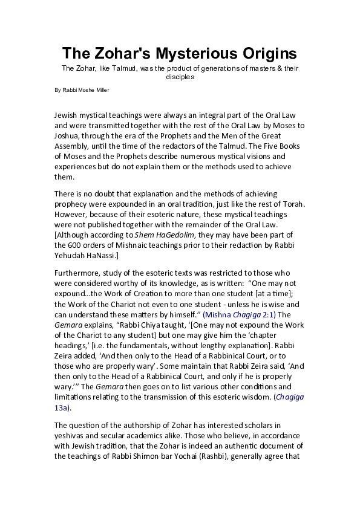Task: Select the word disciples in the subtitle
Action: point(180,77)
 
